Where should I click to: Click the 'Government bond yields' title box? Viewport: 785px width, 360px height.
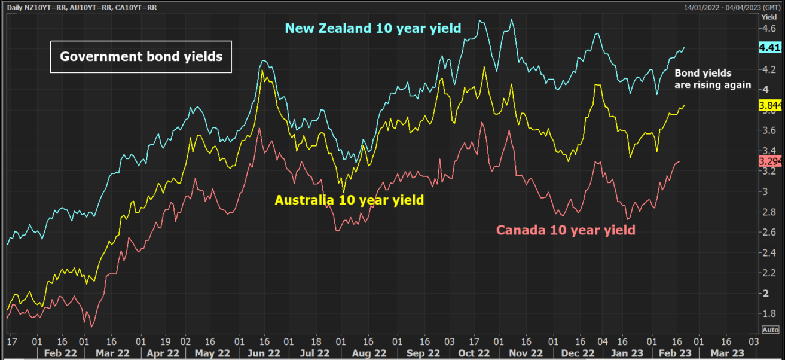pos(140,57)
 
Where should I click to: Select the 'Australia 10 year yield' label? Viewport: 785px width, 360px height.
pos(349,200)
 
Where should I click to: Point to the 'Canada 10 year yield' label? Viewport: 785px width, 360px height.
pos(565,229)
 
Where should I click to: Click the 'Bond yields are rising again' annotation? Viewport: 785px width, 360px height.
pos(712,78)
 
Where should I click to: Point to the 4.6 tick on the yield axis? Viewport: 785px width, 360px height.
pos(768,28)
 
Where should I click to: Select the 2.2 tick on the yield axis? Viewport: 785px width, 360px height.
pos(768,273)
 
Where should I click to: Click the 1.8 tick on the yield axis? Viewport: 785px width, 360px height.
pos(768,313)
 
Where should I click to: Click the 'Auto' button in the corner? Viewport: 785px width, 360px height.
pos(771,330)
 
